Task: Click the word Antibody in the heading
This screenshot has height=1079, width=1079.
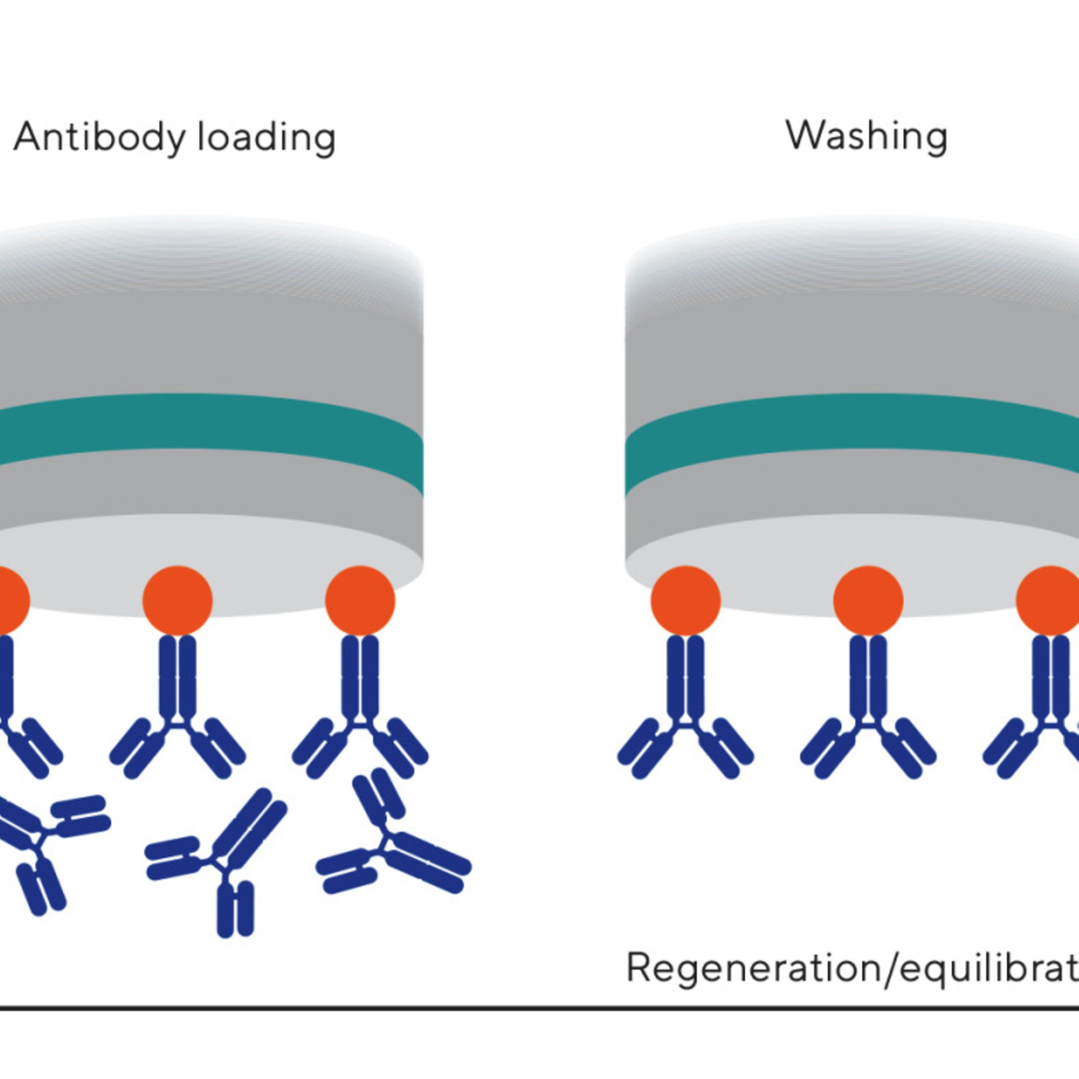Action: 98,137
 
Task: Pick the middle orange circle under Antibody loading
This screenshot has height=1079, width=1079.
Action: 177,601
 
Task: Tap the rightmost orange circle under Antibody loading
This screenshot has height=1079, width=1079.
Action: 360,601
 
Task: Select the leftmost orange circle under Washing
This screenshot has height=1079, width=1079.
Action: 685,601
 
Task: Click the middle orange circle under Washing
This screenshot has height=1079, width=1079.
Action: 868,601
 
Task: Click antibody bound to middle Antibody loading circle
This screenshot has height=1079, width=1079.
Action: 177,704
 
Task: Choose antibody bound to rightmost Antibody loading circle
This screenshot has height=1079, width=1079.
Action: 360,704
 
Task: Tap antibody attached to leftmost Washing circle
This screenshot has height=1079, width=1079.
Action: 685,704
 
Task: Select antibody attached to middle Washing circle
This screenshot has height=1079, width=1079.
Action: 868,704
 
